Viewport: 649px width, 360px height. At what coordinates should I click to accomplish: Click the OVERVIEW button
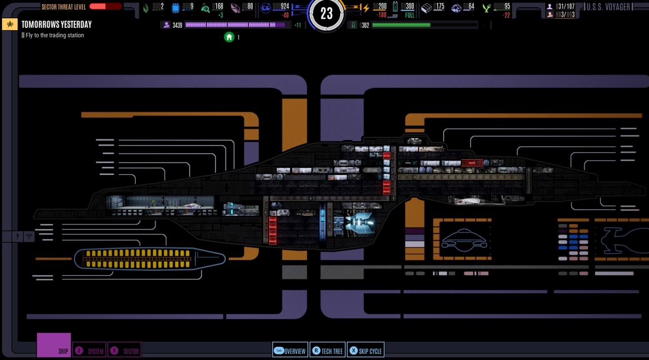290,350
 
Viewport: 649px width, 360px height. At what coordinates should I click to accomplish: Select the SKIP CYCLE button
366,350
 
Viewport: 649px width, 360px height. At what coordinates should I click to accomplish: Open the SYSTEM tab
90,350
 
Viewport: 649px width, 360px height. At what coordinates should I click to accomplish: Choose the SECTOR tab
124,350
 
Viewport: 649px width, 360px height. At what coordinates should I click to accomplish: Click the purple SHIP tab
54,345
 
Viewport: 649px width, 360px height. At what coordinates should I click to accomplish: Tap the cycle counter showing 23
327,14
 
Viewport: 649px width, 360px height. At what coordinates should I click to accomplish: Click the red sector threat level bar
105,7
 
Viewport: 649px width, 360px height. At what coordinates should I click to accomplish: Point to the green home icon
229,37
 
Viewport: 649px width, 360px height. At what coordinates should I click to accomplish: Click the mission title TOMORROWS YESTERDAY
56,24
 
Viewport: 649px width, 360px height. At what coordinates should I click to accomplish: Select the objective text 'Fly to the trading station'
55,35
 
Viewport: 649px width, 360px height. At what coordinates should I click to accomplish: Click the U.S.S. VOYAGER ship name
608,7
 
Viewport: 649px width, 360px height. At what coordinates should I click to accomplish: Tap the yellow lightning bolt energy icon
366,8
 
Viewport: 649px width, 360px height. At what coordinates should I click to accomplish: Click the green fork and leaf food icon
487,8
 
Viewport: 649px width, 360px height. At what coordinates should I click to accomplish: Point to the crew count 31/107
565,7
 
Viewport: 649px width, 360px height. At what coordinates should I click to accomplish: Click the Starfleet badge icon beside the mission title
10,24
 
